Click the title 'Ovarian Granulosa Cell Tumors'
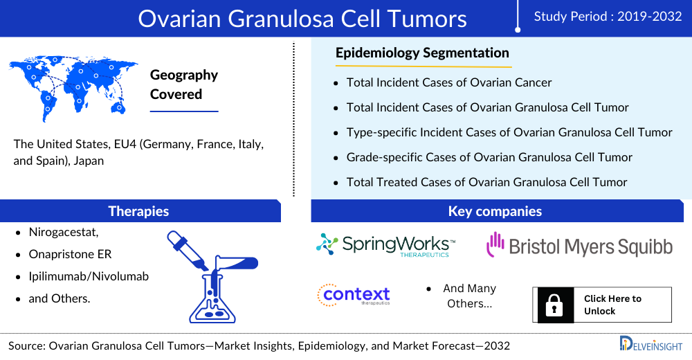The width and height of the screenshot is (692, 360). (302, 19)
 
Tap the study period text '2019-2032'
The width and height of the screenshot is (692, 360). (650, 17)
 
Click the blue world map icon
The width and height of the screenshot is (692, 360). (73, 89)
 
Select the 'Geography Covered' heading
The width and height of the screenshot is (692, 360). (184, 84)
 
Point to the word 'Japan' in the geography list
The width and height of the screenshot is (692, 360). (89, 161)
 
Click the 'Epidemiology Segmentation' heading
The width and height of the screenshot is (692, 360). (422, 53)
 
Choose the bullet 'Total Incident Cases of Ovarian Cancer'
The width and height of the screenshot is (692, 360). (449, 82)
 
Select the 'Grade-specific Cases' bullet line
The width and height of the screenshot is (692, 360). (489, 157)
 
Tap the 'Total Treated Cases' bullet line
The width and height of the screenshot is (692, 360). (486, 182)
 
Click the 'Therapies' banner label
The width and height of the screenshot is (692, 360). (138, 211)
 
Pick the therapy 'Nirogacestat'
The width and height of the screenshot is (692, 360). (64, 233)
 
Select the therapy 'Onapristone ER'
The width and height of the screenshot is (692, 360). (70, 255)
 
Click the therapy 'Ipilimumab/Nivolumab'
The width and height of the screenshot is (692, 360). (89, 276)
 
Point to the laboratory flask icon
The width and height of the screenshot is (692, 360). (212, 276)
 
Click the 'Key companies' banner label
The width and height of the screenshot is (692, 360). (495, 211)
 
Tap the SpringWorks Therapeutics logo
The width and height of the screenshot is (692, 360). (385, 244)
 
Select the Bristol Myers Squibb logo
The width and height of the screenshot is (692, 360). (579, 245)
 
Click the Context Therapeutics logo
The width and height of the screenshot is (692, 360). (354, 295)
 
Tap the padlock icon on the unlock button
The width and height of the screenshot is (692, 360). (554, 305)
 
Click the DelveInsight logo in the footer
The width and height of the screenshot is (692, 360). (650, 344)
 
